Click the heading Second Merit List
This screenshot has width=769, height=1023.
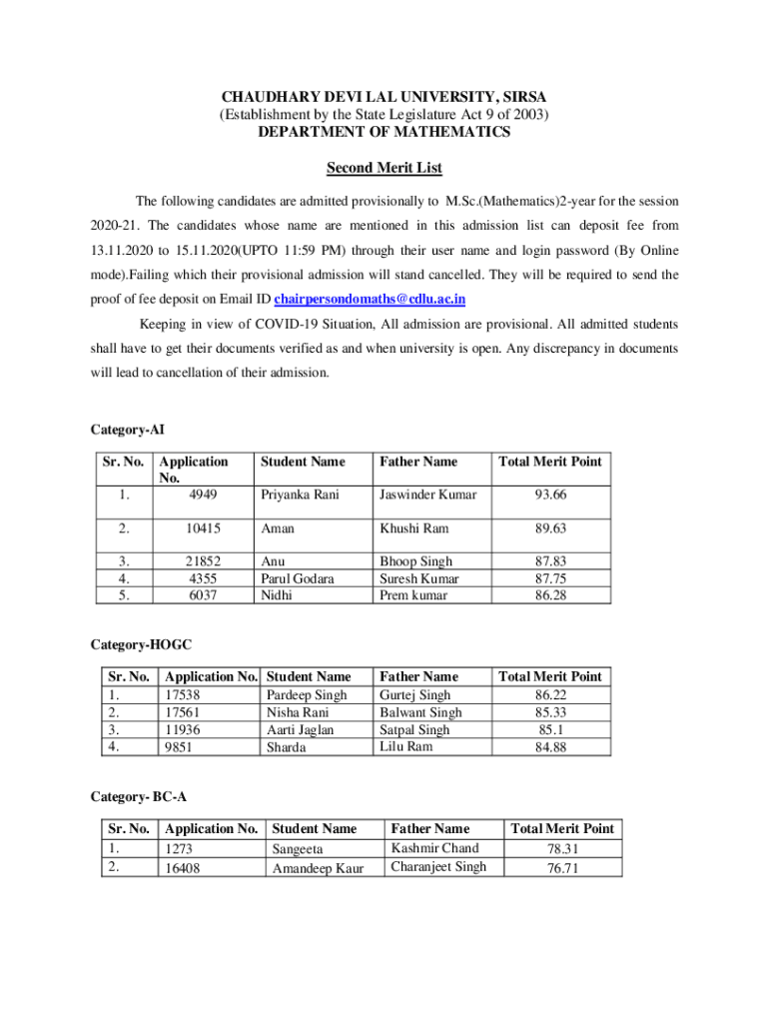coord(384,168)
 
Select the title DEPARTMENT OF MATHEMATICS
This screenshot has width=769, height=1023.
coord(384,132)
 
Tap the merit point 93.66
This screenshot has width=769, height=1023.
coord(551,495)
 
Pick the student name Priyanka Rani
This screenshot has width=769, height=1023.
coord(300,495)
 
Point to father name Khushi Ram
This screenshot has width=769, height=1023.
coord(413,528)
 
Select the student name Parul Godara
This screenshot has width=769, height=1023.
coord(298,578)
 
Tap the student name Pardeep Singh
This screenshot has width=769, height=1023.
coord(307,694)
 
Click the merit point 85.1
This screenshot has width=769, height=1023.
coord(550,729)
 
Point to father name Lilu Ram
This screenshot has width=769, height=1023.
coord(406,746)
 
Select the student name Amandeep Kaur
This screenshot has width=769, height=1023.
coord(319,868)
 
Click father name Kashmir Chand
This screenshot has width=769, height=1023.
coord(434,848)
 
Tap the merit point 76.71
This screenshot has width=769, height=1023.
coord(562,868)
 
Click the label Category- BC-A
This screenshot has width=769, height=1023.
coord(139,796)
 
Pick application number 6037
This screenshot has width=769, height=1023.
coord(202,595)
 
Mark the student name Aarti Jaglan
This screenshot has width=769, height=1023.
coord(300,730)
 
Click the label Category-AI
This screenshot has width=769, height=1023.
coord(128,430)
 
